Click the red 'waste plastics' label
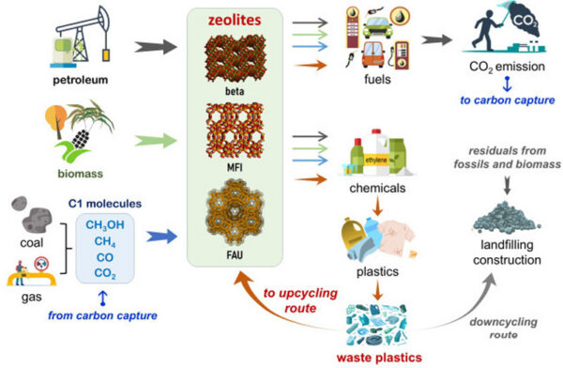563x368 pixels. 374,357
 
